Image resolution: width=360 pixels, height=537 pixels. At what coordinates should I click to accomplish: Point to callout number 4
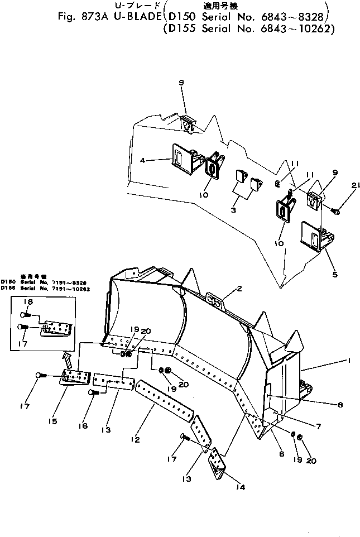(x=143, y=160)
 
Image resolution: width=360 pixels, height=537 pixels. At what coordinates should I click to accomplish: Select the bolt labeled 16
(x=94, y=393)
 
